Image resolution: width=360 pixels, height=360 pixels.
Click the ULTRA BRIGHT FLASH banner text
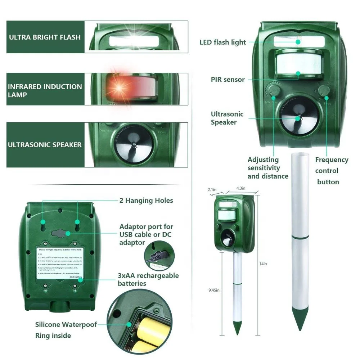(45, 37)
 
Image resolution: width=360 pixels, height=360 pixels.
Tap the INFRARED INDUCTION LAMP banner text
(45, 91)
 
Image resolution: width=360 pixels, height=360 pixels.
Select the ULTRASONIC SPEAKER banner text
(45, 145)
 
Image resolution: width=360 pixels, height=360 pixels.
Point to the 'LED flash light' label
(222, 42)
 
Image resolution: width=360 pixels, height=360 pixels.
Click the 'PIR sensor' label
(228, 80)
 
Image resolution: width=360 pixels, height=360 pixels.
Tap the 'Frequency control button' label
(331, 171)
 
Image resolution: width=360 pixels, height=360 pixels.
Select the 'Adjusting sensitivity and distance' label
(267, 168)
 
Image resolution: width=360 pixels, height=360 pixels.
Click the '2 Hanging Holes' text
(146, 201)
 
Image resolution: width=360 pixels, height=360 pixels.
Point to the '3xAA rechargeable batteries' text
(148, 279)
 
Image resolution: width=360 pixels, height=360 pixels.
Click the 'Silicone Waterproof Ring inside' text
(66, 330)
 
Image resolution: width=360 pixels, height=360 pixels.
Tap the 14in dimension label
(263, 264)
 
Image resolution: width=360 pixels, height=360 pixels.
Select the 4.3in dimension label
(241, 188)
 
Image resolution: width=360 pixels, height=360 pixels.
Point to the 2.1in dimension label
(212, 189)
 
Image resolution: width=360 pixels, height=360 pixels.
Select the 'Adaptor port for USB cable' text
(146, 234)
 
